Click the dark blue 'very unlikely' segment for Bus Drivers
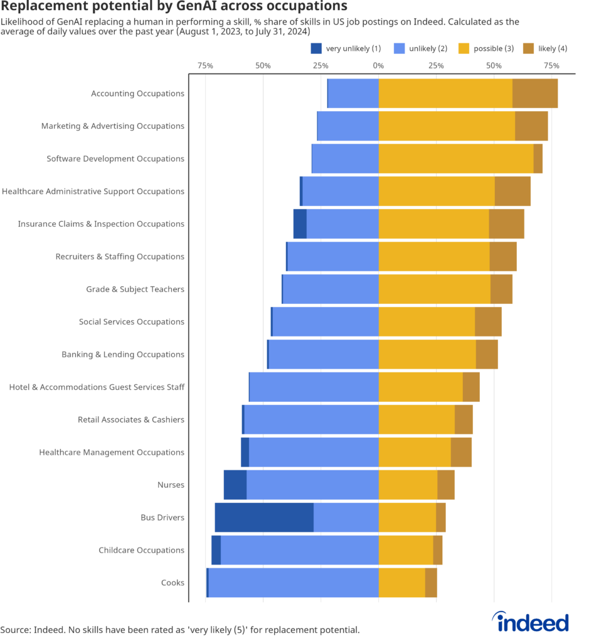click(x=264, y=517)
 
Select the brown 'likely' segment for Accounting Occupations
click(x=535, y=94)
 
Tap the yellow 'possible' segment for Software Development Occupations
click(x=456, y=159)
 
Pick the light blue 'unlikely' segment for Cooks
click(x=293, y=583)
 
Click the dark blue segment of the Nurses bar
click(x=235, y=485)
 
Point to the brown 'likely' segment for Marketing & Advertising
click(x=531, y=126)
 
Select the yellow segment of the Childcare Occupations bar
click(x=406, y=550)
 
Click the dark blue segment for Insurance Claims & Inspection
click(x=300, y=224)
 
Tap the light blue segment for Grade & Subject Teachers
click(x=331, y=289)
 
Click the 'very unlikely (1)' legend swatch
click(x=316, y=48)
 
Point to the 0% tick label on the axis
click(x=378, y=65)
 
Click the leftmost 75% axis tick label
click(x=205, y=65)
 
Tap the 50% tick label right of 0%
click(x=494, y=65)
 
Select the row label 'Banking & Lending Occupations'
click(x=123, y=355)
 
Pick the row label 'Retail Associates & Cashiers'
click(x=131, y=420)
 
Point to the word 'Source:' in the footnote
click(x=15, y=629)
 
